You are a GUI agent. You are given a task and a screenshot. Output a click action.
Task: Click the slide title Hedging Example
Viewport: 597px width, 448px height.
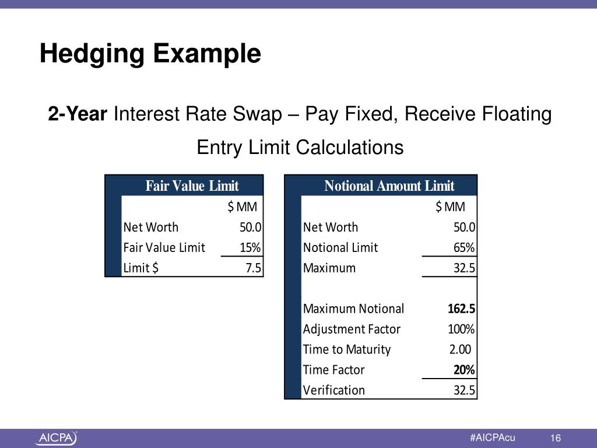(x=150, y=54)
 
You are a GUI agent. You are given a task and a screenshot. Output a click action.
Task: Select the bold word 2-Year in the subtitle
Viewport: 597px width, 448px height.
(x=78, y=114)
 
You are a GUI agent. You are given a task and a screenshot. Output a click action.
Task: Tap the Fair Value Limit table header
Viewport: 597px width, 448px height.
(x=192, y=186)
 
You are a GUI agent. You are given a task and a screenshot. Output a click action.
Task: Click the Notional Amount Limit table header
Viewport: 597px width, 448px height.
(x=389, y=186)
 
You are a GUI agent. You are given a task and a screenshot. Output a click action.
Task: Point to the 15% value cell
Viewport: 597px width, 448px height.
(x=250, y=247)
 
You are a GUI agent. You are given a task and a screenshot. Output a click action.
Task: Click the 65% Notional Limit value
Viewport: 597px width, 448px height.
(x=464, y=247)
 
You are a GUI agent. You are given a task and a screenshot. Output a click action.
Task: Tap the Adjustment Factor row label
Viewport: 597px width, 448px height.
(x=352, y=329)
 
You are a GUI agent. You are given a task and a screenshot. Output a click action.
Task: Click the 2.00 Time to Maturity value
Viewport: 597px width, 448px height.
(x=460, y=349)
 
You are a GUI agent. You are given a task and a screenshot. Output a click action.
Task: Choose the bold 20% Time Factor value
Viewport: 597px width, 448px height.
(x=464, y=370)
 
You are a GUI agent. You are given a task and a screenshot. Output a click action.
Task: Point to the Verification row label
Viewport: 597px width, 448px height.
(x=334, y=390)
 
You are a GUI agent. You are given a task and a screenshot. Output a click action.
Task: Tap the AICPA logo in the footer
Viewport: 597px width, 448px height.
(x=56, y=438)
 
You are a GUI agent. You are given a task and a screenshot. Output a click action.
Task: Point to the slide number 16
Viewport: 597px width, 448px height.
(x=555, y=439)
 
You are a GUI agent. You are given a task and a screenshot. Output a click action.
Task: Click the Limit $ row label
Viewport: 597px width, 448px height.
(x=141, y=268)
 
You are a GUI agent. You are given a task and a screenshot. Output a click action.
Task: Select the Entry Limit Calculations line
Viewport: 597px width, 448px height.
(x=300, y=147)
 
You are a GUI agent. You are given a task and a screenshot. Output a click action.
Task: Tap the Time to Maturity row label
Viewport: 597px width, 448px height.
(x=346, y=349)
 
